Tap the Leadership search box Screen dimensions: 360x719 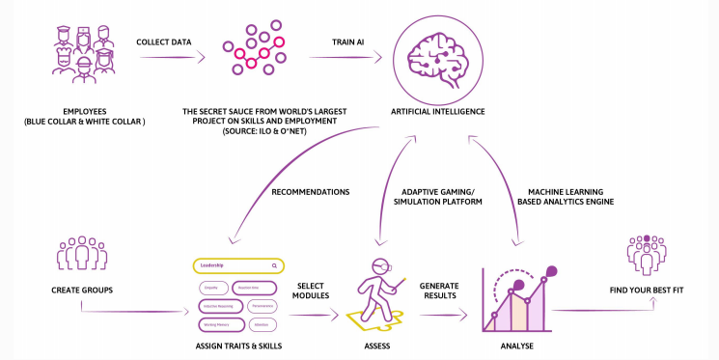pyautogui.click(x=236, y=264)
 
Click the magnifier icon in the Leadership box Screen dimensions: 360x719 pyautogui.click(x=274, y=264)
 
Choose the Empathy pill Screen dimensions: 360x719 pyautogui.click(x=213, y=287)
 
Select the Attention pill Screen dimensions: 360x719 pyautogui.click(x=263, y=324)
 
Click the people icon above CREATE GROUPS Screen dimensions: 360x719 pyautogui.click(x=80, y=253)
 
